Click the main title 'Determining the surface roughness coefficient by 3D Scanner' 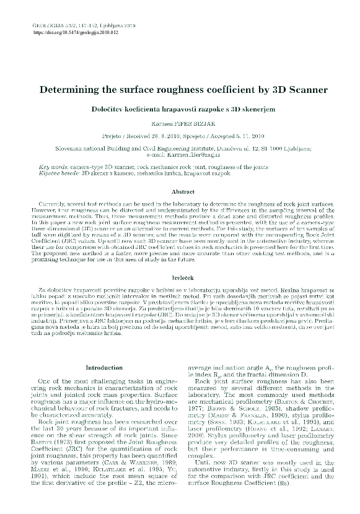(x=179, y=90)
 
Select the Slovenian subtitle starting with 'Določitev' (x=179, y=109)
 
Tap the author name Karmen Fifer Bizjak (x=179, y=123)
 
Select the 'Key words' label (x=53, y=167)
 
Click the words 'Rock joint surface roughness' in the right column (x=235, y=380)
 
